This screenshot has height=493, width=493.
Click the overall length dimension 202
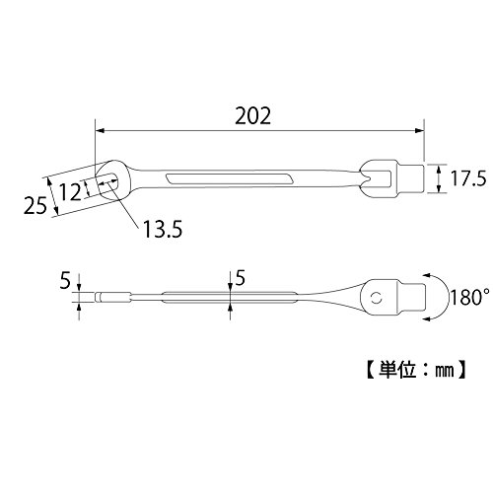click(253, 115)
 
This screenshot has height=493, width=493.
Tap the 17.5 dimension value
click(468, 178)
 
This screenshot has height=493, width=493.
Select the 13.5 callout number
click(163, 229)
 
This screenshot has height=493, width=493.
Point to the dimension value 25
click(35, 206)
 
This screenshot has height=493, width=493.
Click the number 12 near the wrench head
click(71, 192)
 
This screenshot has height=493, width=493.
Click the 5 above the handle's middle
click(241, 279)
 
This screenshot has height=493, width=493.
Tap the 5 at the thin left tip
click(65, 281)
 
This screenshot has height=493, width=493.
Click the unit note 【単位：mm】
click(416, 371)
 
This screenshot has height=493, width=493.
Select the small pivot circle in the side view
click(376, 299)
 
